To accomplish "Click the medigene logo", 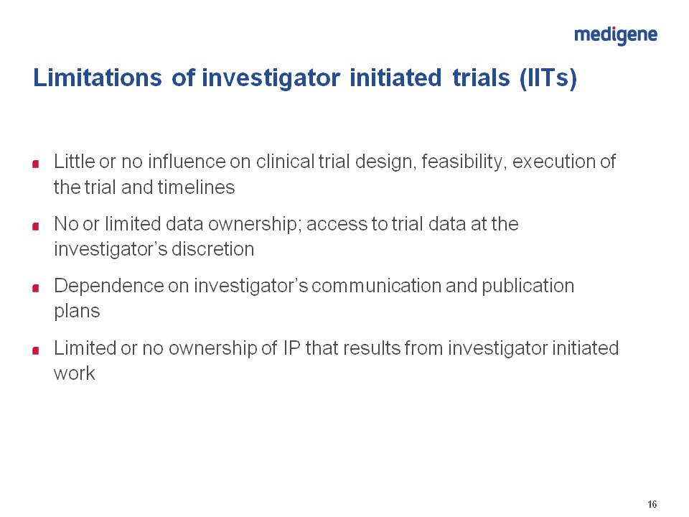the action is (x=616, y=35).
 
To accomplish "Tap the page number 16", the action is (x=652, y=504).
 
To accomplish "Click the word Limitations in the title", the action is (x=98, y=78).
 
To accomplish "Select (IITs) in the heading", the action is (x=548, y=78).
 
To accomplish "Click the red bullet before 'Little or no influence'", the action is (x=36, y=164).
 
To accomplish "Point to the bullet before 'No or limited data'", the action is (x=36, y=226).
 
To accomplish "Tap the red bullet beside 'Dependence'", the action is (x=36, y=288).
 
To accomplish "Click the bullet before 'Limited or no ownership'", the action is (x=36, y=350).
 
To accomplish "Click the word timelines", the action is (x=197, y=187).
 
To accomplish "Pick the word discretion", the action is (x=212, y=249).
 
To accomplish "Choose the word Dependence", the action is (x=108, y=287).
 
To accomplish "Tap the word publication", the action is (x=528, y=287).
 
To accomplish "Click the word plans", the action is (x=77, y=312).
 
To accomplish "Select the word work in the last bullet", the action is (x=74, y=373).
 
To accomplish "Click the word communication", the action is (x=377, y=286).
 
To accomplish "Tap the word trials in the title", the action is (x=481, y=78).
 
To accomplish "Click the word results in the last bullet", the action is (x=372, y=348).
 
